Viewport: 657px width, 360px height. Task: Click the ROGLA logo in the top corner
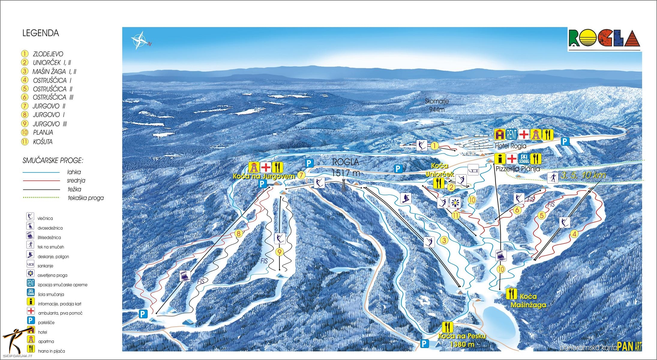(604, 38)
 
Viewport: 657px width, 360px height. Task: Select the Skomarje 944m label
(436, 105)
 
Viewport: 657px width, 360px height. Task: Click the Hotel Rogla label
(510, 146)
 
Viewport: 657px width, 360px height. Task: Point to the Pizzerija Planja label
(517, 169)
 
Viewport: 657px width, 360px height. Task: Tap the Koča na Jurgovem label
(264, 176)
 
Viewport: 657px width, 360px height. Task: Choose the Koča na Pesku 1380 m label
(462, 340)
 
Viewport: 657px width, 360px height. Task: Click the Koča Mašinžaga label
(528, 301)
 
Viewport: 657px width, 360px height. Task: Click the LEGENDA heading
(40, 33)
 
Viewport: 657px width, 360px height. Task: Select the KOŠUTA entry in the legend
(43, 142)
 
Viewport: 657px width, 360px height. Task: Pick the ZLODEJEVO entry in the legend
(48, 54)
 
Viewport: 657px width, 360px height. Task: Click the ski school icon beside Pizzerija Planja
(524, 158)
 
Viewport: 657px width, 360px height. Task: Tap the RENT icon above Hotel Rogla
(512, 135)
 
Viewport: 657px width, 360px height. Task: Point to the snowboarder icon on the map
(406, 198)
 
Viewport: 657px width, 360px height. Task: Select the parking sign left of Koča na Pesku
(424, 343)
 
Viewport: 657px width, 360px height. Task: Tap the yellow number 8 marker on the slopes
(238, 234)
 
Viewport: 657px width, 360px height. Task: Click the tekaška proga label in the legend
(86, 198)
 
